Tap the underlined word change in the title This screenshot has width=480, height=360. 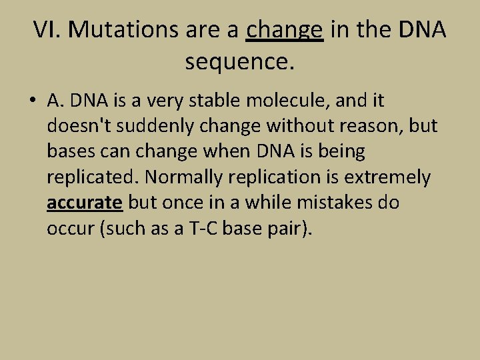[285, 29]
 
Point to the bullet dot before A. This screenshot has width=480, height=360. [32, 101]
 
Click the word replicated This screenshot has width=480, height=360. [93, 177]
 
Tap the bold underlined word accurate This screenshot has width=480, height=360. [85, 202]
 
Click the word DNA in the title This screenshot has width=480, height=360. [422, 29]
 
